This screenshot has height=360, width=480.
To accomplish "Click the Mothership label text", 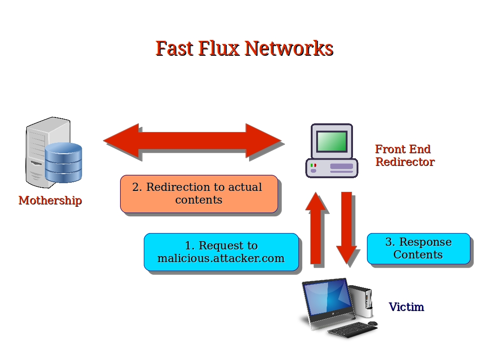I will click(x=50, y=200).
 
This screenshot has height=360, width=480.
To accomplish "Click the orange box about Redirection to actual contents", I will click(x=199, y=194).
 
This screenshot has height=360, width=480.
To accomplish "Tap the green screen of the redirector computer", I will click(x=332, y=141).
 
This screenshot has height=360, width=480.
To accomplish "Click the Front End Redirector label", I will click(x=404, y=156).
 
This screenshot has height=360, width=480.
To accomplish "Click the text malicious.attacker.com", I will click(x=221, y=258).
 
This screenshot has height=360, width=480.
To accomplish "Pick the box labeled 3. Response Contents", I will click(x=418, y=248).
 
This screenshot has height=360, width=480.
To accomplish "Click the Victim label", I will click(x=406, y=307).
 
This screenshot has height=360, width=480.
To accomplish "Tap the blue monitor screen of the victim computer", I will click(x=327, y=299).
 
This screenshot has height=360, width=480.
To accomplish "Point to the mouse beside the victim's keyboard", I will click(x=372, y=323).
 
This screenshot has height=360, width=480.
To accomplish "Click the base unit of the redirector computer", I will click(x=332, y=168).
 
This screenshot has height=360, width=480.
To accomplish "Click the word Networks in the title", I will click(x=289, y=48).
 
